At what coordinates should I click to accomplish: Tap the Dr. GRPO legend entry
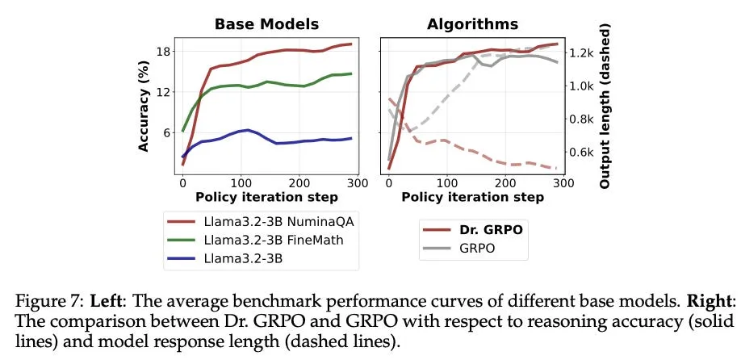point(473,229)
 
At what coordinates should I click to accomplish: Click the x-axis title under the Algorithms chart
point(472,196)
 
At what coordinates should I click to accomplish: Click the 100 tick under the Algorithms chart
point(447,182)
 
